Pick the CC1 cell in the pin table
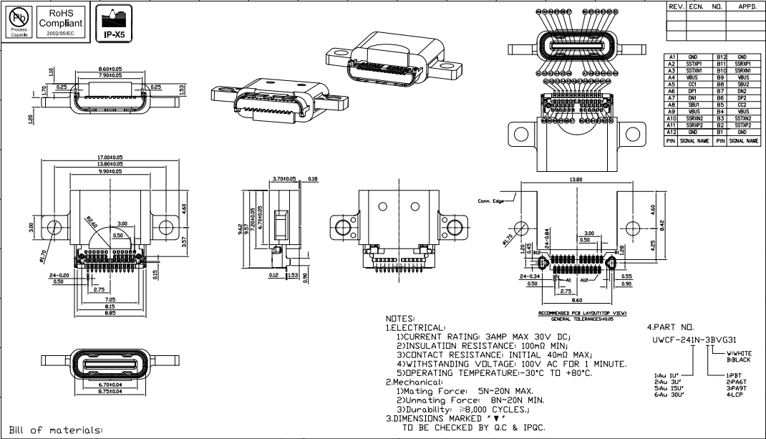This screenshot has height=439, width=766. coord(692,85)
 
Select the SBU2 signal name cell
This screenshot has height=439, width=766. coord(742,85)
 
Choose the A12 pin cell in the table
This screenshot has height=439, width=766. coord(672,132)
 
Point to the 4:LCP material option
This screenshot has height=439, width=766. coord(734,395)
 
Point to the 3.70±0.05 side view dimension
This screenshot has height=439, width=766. coord(284,178)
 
